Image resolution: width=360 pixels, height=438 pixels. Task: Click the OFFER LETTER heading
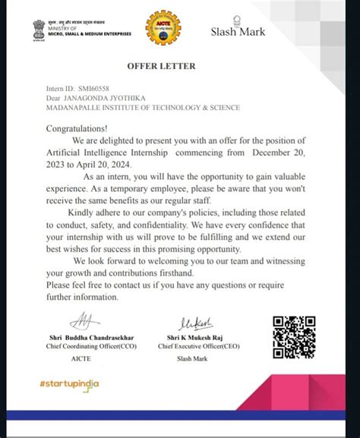pyautogui.click(x=166, y=66)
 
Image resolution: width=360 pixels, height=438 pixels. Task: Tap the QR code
pyautogui.click(x=294, y=337)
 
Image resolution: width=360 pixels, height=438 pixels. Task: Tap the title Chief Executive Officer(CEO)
pyautogui.click(x=199, y=346)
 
